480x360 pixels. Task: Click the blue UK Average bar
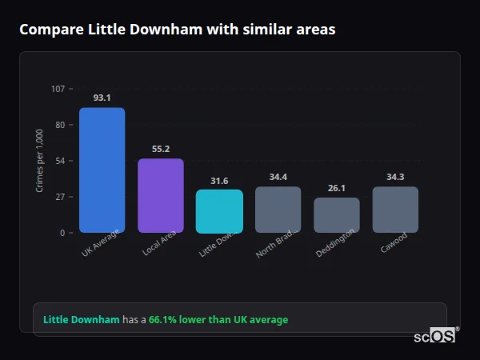[x=102, y=170]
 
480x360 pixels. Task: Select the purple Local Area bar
[x=161, y=195]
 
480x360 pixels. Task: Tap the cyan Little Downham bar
[x=219, y=211]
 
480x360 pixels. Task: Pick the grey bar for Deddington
[x=337, y=215]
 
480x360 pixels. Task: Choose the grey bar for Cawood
[x=395, y=210]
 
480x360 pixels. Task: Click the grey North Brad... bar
[x=278, y=210]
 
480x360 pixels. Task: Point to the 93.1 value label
[x=102, y=98]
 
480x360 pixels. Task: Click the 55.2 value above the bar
[x=161, y=149]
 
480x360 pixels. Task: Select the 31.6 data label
[x=219, y=181]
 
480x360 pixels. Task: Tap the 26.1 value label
[x=337, y=188]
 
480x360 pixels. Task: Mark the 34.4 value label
[x=278, y=177]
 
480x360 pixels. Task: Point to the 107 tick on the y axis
[x=58, y=89]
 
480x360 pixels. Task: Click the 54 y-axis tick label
[x=60, y=161]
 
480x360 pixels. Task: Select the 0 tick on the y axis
[x=62, y=233]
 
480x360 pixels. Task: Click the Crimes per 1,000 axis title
[x=39, y=161]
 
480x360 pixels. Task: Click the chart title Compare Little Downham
[x=177, y=30]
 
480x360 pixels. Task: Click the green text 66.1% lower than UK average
[x=218, y=320]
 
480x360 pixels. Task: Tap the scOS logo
[x=434, y=336]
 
